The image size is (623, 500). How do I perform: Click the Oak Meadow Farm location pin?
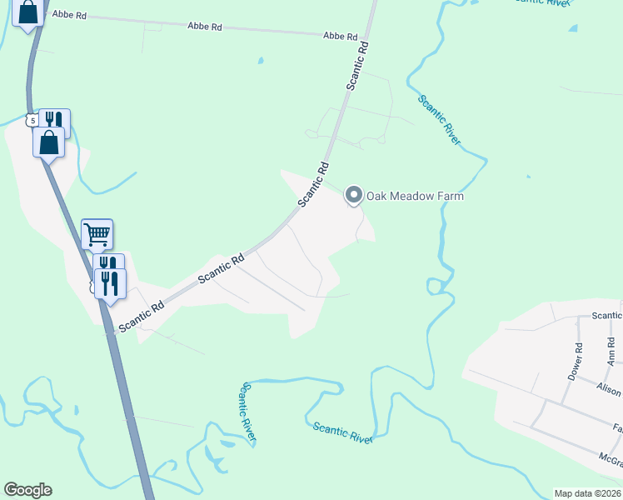click(353, 196)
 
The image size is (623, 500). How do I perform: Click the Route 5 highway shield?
click(32, 121)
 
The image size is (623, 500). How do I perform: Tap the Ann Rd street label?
click(612, 352)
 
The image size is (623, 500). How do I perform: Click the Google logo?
click(27, 490)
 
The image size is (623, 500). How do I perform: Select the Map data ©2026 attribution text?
click(587, 493)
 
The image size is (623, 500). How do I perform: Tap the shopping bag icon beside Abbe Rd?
click(27, 13)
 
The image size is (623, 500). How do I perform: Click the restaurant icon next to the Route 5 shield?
click(54, 122)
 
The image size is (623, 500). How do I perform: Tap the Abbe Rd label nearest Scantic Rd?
click(340, 37)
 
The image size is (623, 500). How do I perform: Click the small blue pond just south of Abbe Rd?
click(260, 61)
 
